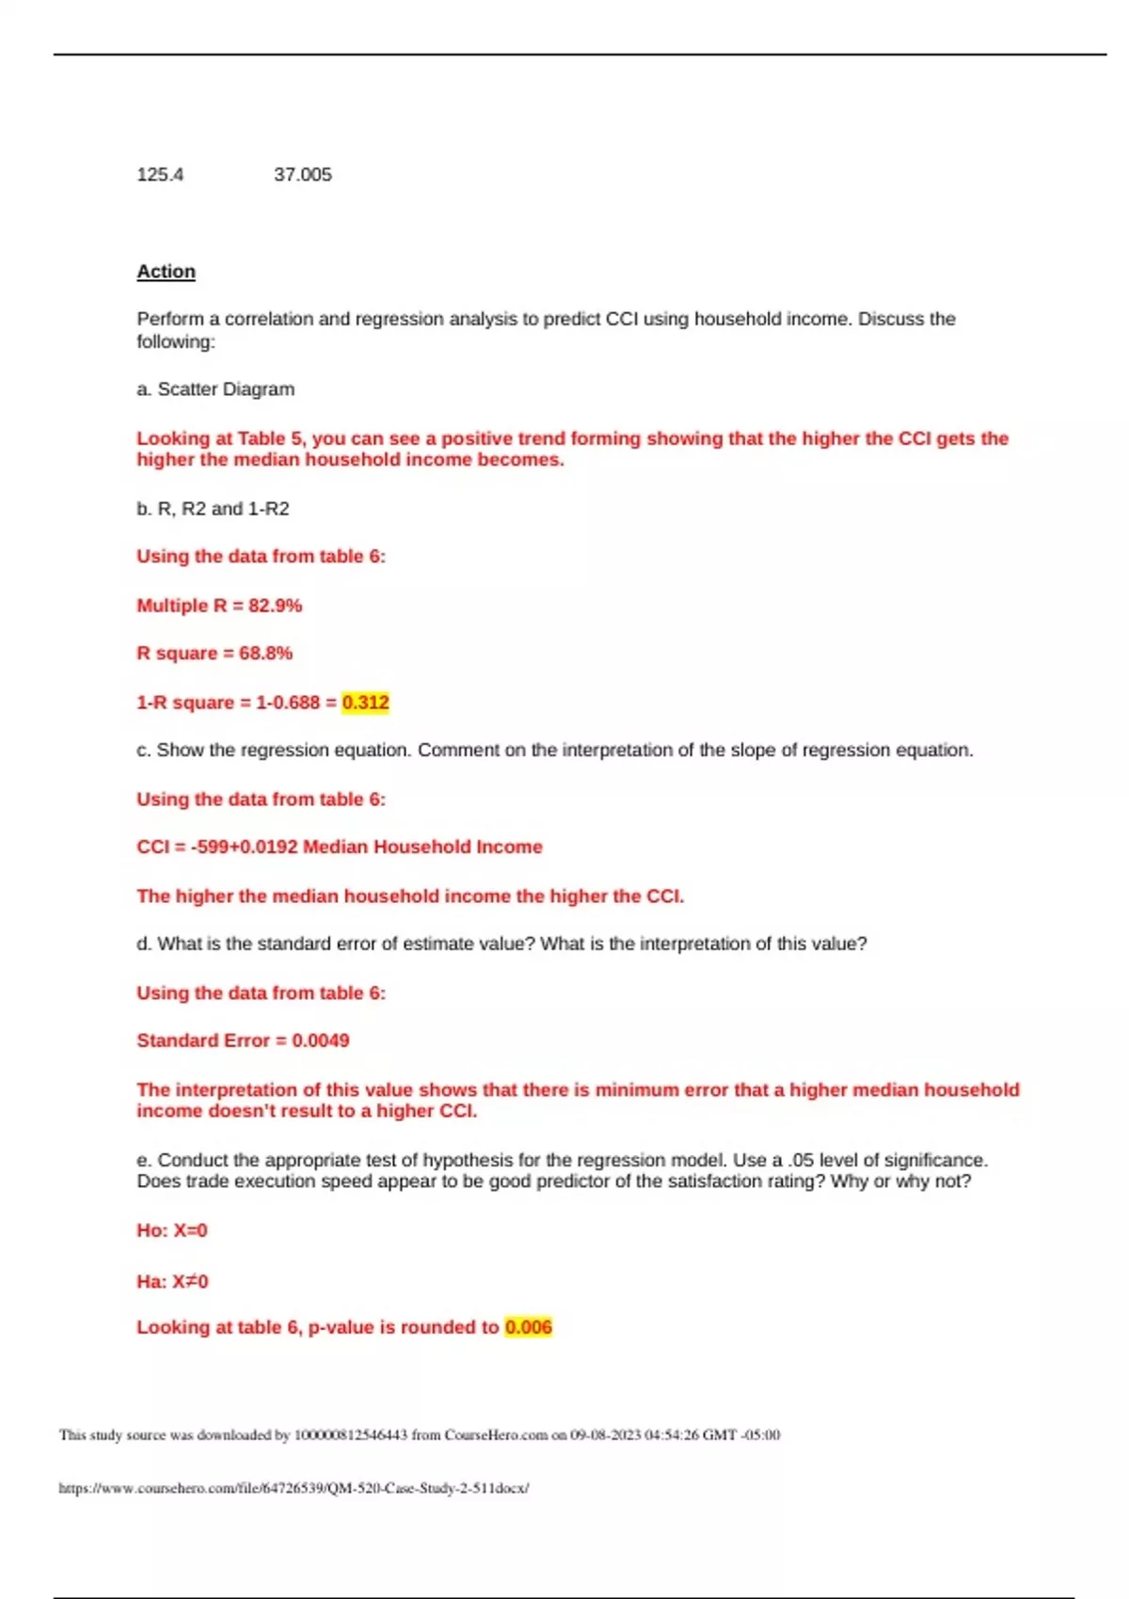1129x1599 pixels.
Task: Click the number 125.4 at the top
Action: (x=160, y=175)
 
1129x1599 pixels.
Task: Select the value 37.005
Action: (x=303, y=175)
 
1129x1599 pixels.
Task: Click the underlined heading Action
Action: (x=167, y=272)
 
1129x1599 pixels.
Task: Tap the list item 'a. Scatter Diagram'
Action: (x=215, y=389)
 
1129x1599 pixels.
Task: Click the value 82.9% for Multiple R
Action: (x=275, y=606)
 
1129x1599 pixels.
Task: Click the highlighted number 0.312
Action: (x=365, y=703)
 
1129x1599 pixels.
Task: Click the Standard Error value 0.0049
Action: (x=320, y=1041)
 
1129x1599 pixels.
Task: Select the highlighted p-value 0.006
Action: (x=528, y=1327)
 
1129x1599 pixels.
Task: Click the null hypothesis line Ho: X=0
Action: (x=172, y=1230)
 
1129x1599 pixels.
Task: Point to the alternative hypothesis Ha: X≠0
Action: (x=172, y=1281)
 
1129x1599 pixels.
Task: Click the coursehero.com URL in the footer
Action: (x=294, y=1488)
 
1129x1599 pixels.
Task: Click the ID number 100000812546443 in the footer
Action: (x=351, y=1435)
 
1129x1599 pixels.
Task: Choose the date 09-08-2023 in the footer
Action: (x=605, y=1435)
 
